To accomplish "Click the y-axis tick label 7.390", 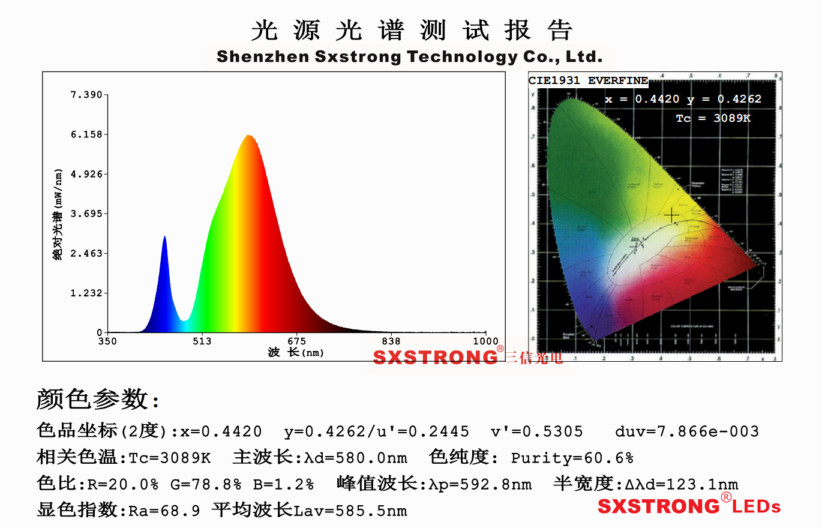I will [86, 95].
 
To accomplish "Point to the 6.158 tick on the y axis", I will [86, 134].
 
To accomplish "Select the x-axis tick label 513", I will [202, 342].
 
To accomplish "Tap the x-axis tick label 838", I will [391, 342].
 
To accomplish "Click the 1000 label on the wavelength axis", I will [485, 342].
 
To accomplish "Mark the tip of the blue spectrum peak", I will [164, 237].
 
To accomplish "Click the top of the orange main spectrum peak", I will [248, 136].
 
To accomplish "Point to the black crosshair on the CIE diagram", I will [671, 215].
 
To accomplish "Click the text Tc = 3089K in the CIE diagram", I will [713, 118].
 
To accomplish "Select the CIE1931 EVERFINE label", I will [588, 80].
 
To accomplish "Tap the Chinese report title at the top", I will [411, 30].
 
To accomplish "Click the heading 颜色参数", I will [97, 399].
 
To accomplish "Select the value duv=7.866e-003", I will [686, 431].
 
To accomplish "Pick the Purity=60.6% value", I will [572, 458].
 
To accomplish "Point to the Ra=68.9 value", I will [164, 511].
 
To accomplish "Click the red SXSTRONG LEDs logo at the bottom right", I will [689, 506].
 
